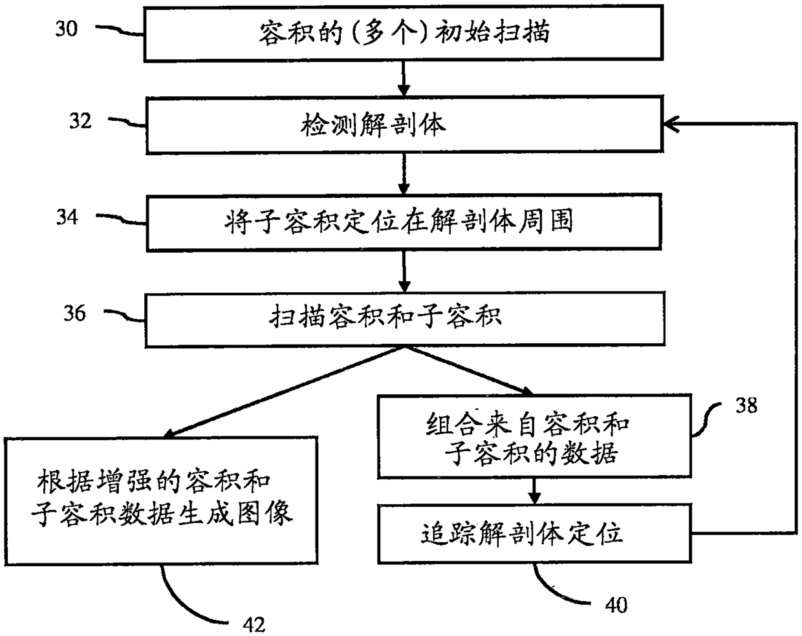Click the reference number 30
(x=67, y=28)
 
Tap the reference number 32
(x=80, y=121)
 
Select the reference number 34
(x=67, y=217)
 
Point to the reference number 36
(x=74, y=313)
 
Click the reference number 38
(x=746, y=405)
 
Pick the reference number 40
(x=616, y=605)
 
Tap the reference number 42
(x=254, y=625)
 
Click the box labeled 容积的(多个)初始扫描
(x=404, y=33)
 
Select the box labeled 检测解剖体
(x=404, y=125)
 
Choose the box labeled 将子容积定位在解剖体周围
(x=404, y=222)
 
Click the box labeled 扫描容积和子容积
(x=405, y=319)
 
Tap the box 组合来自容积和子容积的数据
(x=535, y=436)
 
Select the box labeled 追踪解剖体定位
(x=535, y=534)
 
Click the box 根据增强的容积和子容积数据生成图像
(x=161, y=501)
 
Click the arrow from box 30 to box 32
(x=404, y=78)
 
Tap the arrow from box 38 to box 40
(x=534, y=491)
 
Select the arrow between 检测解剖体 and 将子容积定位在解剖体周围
(x=404, y=174)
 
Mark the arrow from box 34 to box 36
(x=404, y=271)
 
